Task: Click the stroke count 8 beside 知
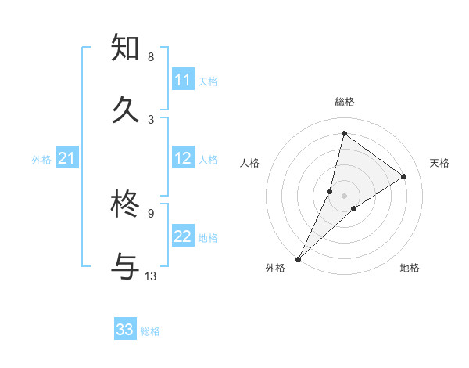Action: (150, 57)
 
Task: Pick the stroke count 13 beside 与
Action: (151, 276)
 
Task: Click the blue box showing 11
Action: (183, 80)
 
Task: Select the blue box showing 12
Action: (183, 158)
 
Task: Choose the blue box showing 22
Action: (183, 236)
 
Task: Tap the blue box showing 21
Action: (67, 159)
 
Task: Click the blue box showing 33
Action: (125, 330)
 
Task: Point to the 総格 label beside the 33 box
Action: (150, 331)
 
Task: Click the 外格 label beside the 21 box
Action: (41, 160)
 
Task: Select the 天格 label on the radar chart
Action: (440, 163)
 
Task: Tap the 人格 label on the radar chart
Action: (249, 163)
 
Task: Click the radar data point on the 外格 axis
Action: (298, 258)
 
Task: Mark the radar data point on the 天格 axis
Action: (404, 176)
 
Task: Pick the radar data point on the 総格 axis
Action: (344, 133)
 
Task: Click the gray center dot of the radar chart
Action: (344, 195)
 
